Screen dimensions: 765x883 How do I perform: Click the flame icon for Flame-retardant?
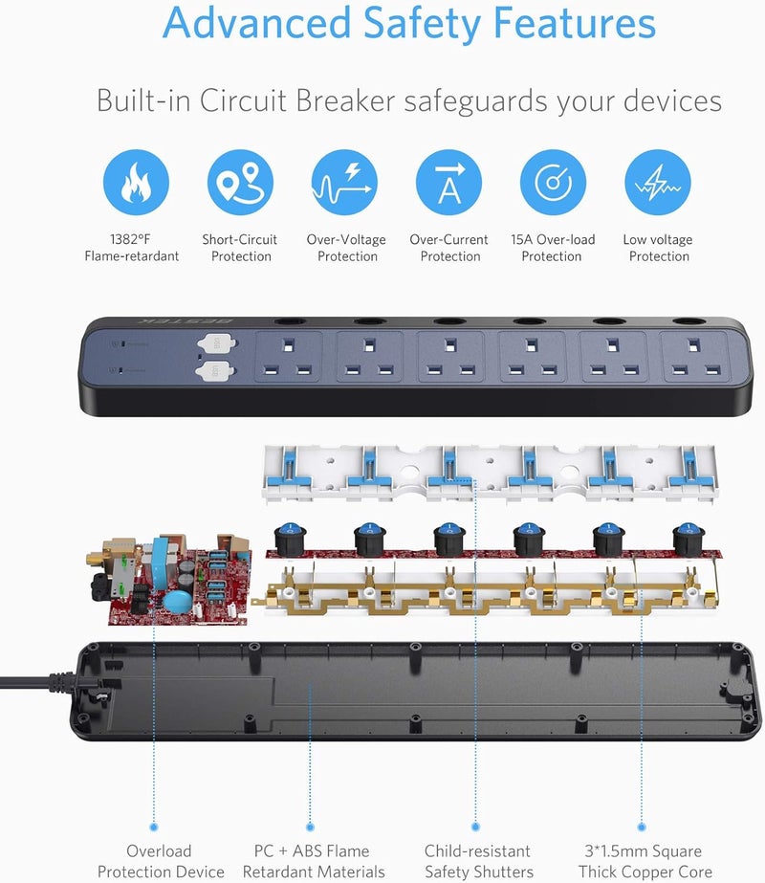point(136,182)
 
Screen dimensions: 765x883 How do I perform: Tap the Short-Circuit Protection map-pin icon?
point(240,182)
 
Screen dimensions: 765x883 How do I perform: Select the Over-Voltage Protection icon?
point(344,182)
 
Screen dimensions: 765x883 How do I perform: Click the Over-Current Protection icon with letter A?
point(448,182)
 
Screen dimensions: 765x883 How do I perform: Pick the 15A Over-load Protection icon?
point(553,182)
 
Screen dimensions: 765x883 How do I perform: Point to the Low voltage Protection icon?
point(658,182)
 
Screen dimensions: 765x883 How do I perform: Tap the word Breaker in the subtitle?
point(345,100)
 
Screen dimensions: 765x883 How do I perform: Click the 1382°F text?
point(131,239)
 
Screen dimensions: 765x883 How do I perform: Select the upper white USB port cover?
point(217,342)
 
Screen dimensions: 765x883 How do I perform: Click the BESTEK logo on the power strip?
point(186,321)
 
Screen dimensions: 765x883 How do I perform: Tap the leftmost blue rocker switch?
point(290,538)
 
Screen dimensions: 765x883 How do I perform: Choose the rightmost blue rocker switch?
point(688,538)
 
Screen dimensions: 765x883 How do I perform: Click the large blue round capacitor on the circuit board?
point(178,601)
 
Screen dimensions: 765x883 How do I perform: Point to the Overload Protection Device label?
point(161,861)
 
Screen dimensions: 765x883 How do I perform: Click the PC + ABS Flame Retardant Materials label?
point(314,861)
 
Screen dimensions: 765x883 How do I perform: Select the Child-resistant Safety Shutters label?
point(478,861)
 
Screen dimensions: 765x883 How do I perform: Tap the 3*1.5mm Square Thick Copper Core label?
point(645,861)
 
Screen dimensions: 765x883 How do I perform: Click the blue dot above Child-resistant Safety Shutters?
point(475,827)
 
